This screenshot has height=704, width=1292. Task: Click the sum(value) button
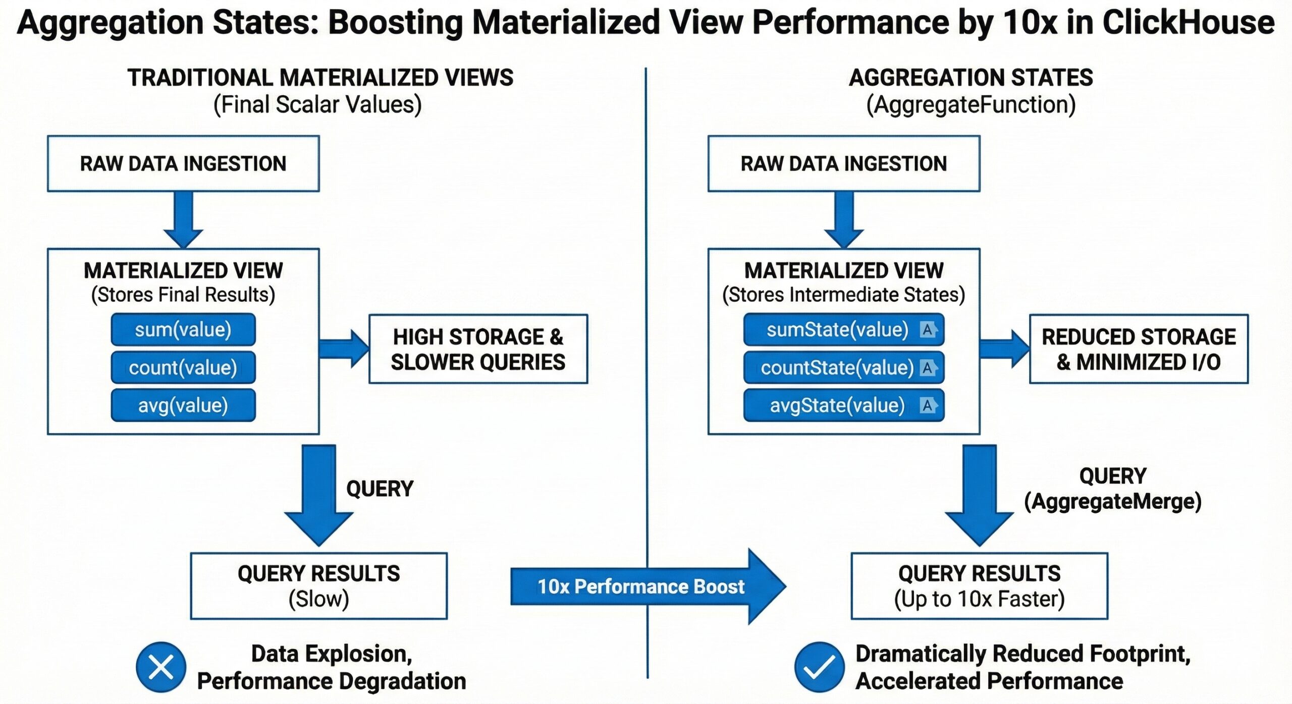[183, 329]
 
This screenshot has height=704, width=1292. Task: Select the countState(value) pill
[838, 368]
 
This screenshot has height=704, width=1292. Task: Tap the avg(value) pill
[183, 405]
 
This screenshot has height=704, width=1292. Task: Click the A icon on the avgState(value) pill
[928, 405]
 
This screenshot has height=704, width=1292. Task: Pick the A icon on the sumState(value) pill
[928, 329]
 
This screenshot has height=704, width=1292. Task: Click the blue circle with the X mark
[161, 667]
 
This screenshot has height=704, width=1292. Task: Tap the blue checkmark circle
[819, 667]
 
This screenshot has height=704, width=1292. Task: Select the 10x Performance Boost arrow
[641, 586]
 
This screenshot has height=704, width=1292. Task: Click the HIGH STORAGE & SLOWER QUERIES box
[478, 349]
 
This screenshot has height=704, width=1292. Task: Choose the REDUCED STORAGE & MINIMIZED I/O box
[1139, 349]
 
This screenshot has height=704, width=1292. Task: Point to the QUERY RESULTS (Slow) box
[318, 586]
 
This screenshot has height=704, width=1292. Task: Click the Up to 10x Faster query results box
[979, 586]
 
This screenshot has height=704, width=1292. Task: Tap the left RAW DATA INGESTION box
[183, 163]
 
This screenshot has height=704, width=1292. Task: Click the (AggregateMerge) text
[1112, 501]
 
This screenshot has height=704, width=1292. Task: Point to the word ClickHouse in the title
[1188, 23]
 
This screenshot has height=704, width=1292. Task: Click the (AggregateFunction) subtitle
[971, 105]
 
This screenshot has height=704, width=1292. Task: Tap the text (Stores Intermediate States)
[843, 295]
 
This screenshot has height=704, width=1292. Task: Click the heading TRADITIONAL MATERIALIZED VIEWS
[320, 78]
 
